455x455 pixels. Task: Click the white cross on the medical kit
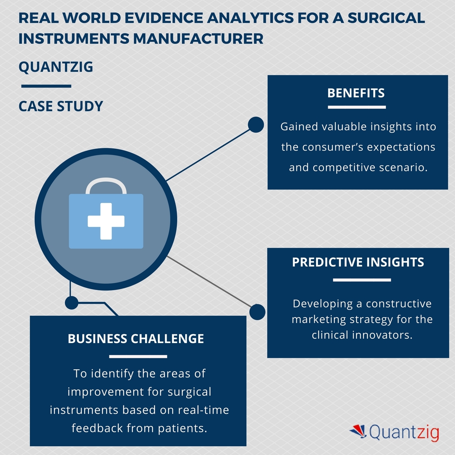[x=106, y=221]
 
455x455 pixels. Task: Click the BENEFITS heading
[x=356, y=93]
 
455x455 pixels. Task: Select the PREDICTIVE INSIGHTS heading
[x=358, y=262]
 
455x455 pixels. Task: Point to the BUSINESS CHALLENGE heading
[x=136, y=339]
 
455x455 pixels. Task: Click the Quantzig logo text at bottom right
[x=404, y=432]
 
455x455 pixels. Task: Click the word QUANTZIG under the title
[x=56, y=67]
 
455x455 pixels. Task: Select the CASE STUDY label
[x=61, y=106]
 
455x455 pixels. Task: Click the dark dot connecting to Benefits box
[x=256, y=125]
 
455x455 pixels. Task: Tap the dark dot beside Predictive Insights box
[x=257, y=312]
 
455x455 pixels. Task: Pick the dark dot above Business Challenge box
[x=71, y=302]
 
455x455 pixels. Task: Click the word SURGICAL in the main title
[x=386, y=18]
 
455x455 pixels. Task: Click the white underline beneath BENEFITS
[x=357, y=107]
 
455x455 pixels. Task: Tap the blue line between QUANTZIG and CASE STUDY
[x=46, y=86]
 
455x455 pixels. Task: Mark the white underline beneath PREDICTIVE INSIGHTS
[x=362, y=280]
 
